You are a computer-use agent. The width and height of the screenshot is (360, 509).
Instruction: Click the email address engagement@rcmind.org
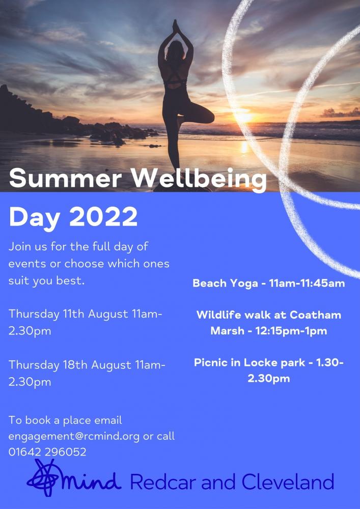click(x=74, y=436)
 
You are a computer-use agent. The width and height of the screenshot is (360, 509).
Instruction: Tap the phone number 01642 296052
click(x=47, y=451)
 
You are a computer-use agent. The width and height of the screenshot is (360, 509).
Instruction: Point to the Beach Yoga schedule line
click(x=268, y=284)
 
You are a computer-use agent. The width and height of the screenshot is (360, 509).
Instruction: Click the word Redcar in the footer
click(x=156, y=481)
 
